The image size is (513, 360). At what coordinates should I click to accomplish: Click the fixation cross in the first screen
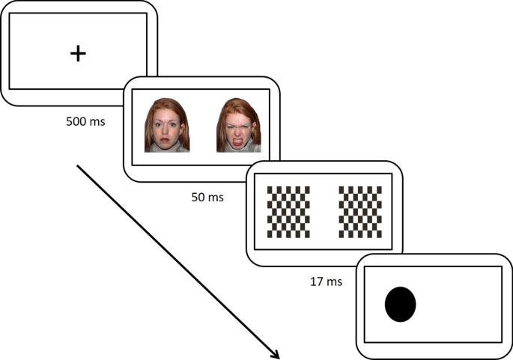pyautogui.click(x=78, y=53)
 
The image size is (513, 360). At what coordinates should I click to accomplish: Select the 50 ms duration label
pyautogui.click(x=206, y=198)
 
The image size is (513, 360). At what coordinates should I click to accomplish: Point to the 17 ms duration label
pyautogui.click(x=327, y=282)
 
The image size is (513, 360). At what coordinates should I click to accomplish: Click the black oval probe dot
pyautogui.click(x=400, y=305)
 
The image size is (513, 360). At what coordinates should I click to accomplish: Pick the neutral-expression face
pyautogui.click(x=166, y=125)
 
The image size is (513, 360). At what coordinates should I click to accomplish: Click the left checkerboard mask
pyautogui.click(x=288, y=211)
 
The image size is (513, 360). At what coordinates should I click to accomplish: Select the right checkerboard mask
pyautogui.click(x=360, y=211)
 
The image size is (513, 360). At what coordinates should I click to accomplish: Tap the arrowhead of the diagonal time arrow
pyautogui.click(x=277, y=356)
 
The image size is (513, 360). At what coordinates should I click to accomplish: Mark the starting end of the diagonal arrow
pyautogui.click(x=77, y=166)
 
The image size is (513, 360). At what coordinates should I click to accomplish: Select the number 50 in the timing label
pyautogui.click(x=198, y=198)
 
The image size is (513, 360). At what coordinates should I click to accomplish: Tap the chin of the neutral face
pyautogui.click(x=166, y=146)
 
